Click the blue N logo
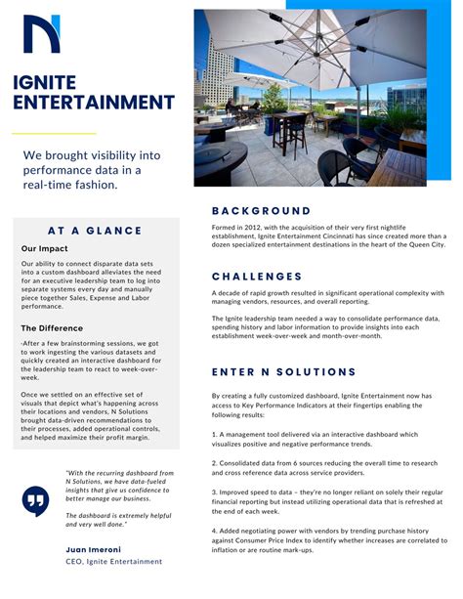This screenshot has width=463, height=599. [42, 33]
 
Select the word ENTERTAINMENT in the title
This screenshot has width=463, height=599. [94, 103]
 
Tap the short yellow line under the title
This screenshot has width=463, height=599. [54, 133]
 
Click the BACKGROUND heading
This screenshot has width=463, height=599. [261, 210]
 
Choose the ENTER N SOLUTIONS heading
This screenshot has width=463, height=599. [284, 372]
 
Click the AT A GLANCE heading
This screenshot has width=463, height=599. [95, 231]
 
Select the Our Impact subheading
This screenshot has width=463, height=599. [44, 249]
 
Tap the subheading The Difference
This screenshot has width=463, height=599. [53, 328]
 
